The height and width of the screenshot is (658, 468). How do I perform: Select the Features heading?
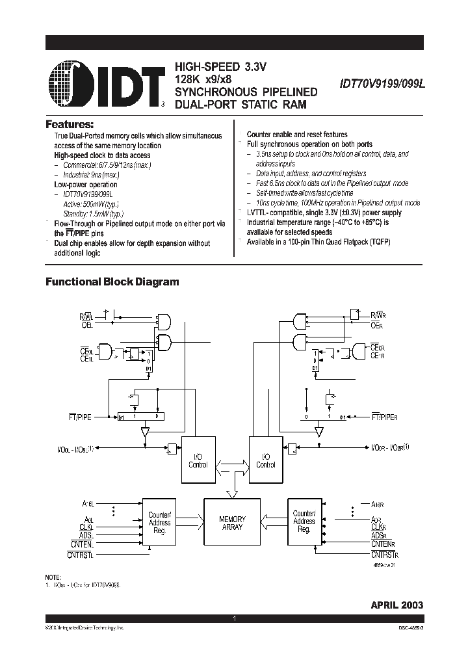[70, 124]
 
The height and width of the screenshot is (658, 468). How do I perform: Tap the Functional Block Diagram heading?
[111, 282]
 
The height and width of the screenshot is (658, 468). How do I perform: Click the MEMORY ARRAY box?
[232, 523]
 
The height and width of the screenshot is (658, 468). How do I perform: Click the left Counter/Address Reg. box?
[159, 521]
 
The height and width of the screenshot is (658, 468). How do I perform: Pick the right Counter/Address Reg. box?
[304, 521]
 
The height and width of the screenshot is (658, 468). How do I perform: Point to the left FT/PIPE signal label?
[92, 416]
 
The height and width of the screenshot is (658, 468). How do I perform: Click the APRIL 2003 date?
[396, 605]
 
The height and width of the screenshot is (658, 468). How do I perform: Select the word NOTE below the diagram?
[53, 577]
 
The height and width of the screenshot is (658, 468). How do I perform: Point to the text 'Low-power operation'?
[85, 185]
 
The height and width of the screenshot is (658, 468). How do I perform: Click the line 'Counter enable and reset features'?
[297, 135]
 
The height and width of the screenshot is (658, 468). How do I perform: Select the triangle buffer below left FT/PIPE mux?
[146, 432]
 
